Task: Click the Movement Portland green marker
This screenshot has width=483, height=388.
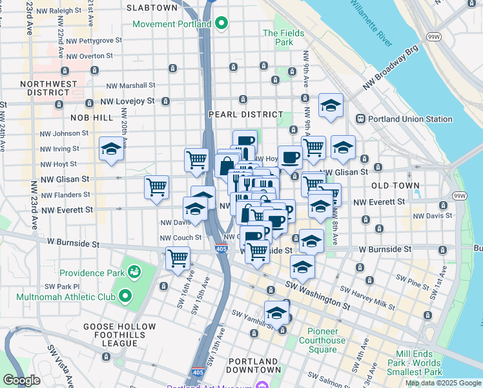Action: [222, 25]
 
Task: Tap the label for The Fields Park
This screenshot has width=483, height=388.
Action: [278, 38]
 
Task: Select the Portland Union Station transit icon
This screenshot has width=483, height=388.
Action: [360, 119]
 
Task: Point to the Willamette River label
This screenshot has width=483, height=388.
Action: [371, 23]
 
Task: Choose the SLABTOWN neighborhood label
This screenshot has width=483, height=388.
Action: [152, 8]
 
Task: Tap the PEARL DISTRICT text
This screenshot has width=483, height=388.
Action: [238, 114]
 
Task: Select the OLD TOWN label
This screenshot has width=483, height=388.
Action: [395, 186]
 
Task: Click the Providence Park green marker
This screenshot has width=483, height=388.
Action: [135, 270]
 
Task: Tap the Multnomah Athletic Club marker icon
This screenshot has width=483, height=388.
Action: [125, 297]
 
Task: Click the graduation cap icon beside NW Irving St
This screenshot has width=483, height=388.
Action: [111, 149]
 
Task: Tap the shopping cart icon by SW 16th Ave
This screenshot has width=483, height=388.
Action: [178, 258]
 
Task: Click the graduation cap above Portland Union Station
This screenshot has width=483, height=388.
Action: [331, 105]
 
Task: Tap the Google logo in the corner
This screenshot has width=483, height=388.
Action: [21, 380]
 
